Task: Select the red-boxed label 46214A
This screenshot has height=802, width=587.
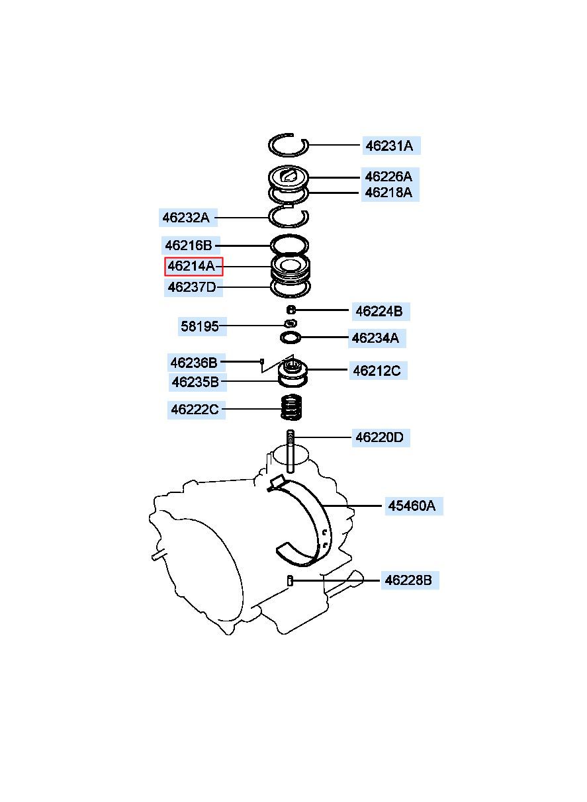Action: click(193, 267)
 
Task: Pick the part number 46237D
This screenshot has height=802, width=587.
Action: click(193, 287)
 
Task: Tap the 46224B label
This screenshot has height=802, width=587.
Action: click(380, 311)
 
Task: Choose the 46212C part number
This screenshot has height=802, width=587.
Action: click(377, 371)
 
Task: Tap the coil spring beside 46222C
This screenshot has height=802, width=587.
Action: click(291, 407)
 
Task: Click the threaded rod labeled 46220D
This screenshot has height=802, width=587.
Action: click(291, 451)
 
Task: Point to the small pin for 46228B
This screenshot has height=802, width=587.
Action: click(290, 580)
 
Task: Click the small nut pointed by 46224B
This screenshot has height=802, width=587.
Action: click(291, 309)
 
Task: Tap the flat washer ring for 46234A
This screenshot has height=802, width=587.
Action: click(291, 337)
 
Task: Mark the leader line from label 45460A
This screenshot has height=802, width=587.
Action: click(353, 506)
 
